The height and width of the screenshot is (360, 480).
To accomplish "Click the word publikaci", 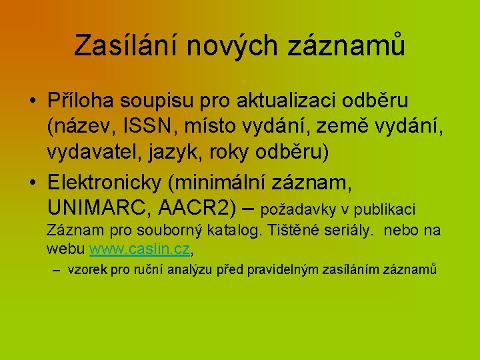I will (x=385, y=210).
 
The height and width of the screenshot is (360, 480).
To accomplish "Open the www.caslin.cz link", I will (x=140, y=250).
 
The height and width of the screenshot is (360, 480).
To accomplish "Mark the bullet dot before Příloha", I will (x=33, y=102).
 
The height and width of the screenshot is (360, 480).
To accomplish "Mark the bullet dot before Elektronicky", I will (x=33, y=182).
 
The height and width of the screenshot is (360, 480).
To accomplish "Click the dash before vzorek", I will (x=55, y=270).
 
